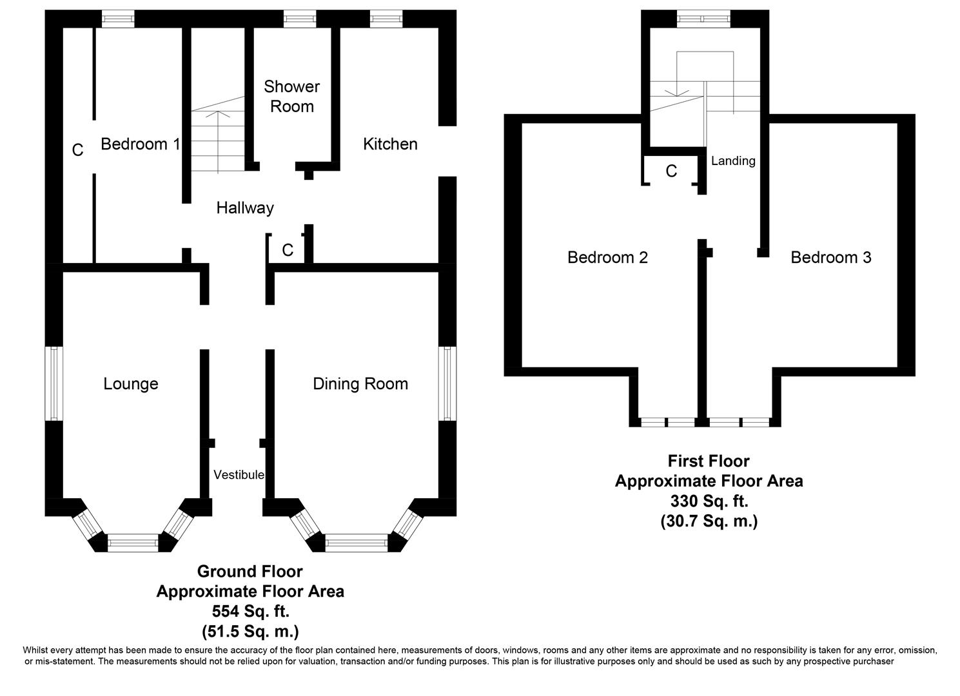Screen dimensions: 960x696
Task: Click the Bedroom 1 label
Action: [x=140, y=144]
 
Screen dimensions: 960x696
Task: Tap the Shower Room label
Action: [x=291, y=97]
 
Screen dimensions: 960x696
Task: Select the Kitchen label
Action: [x=390, y=144]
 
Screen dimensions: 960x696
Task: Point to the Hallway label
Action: [x=245, y=208]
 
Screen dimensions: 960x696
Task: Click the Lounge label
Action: [x=131, y=383]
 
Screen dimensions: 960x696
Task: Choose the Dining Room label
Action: [x=360, y=383]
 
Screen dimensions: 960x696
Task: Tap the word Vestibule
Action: [x=239, y=474]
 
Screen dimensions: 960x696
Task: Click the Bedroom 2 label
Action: [x=607, y=257]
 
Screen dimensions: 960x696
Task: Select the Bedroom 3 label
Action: [x=830, y=257]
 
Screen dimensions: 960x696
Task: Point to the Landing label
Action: [x=733, y=161]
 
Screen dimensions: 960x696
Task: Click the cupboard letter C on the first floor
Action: [x=671, y=171]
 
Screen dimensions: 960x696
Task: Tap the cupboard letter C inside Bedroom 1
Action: [x=77, y=150]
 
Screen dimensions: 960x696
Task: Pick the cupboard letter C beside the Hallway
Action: [x=288, y=250]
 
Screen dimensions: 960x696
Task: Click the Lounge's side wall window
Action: [x=54, y=383]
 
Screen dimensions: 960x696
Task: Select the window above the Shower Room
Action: [x=300, y=19]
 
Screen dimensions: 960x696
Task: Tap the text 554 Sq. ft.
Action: [x=251, y=611]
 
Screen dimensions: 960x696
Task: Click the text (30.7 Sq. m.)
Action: [x=709, y=521]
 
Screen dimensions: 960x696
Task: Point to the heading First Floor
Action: [x=709, y=461]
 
